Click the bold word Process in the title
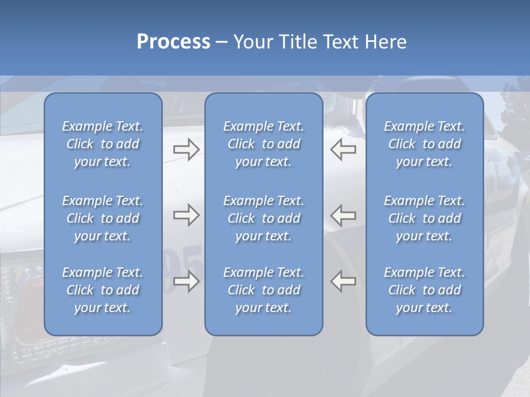click(173, 42)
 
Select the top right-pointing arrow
click(186, 149)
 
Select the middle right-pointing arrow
click(186, 215)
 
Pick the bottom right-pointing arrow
click(186, 281)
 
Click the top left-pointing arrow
click(343, 149)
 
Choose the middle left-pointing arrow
click(343, 215)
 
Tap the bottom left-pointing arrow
click(343, 281)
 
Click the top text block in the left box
click(103, 144)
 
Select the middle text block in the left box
click(103, 218)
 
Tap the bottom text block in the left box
click(103, 290)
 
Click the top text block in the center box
click(263, 144)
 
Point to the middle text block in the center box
click(263, 218)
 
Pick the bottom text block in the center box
click(263, 290)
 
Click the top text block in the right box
click(424, 144)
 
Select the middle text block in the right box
click(424, 218)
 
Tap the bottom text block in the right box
click(424, 290)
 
